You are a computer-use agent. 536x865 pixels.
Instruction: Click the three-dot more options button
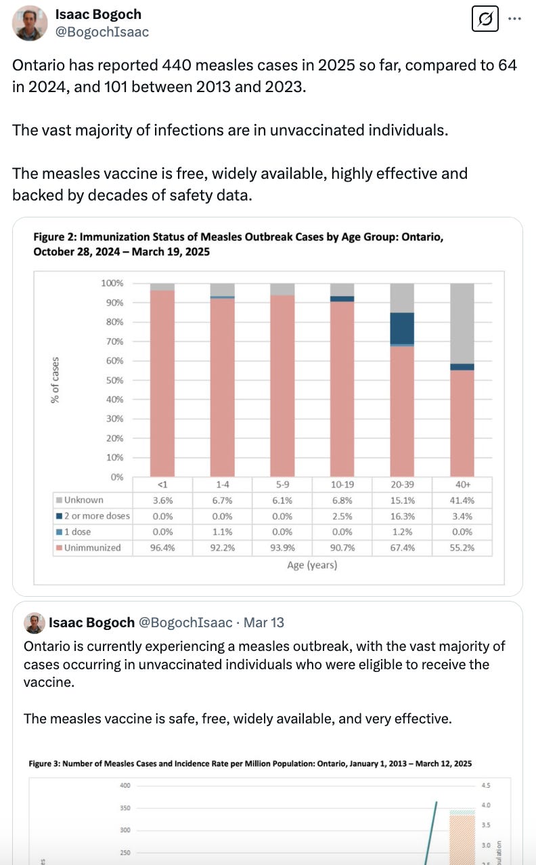coord(516,18)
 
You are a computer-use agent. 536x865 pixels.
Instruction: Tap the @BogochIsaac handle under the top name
coord(102,32)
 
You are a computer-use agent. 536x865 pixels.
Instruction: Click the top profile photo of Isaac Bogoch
coord(29,23)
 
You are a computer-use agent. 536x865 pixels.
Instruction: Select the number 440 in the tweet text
coord(175,66)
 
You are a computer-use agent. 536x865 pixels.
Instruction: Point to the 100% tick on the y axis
coord(112,283)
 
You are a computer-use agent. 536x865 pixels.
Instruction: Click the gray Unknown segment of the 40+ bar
coord(462,323)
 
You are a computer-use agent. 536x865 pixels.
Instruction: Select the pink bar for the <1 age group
coord(162,383)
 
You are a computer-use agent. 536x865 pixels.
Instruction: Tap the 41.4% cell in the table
coord(462,501)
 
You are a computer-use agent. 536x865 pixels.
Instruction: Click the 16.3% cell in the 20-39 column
coord(402,516)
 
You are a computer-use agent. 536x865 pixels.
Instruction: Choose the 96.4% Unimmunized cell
coord(162,547)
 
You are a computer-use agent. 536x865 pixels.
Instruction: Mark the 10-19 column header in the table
coord(342,485)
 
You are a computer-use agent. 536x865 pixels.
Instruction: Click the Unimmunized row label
coord(92,547)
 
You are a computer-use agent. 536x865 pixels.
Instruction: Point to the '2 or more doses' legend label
coord(97,516)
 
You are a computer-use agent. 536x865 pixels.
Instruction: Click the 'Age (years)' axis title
coord(312,565)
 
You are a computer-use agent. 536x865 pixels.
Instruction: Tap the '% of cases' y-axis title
coord(55,380)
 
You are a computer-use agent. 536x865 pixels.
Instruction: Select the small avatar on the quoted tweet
coord(35,623)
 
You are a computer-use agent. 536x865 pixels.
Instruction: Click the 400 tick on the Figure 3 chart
coord(125,786)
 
